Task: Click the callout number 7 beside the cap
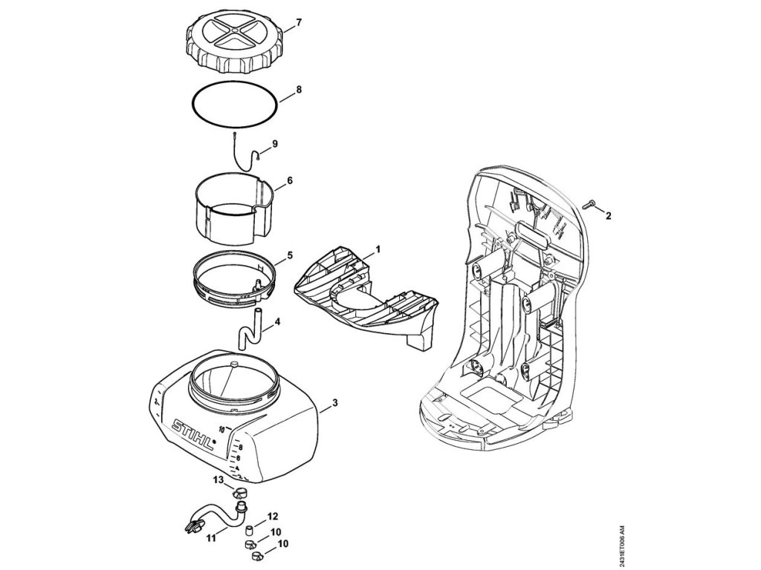[298, 22]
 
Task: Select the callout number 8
[298, 89]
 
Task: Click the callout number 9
[275, 143]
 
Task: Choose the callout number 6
[290, 180]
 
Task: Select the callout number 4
[277, 322]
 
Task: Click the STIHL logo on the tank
[192, 433]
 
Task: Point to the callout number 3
[335, 403]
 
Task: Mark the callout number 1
[378, 249]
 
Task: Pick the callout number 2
[608, 217]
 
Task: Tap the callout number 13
[218, 481]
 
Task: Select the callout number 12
[273, 516]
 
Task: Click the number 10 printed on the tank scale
[222, 428]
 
